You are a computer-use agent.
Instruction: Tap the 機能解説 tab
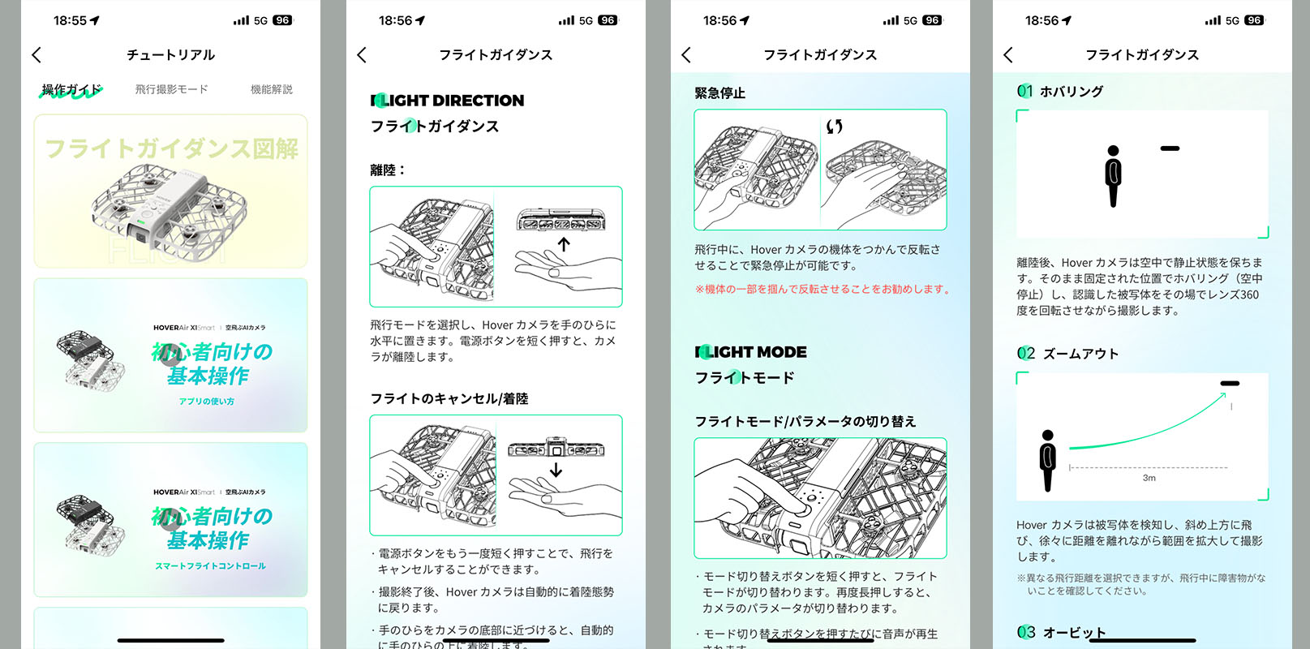point(271,89)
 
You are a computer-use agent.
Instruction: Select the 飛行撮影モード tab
point(171,89)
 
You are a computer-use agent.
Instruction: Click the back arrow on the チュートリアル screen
point(37,54)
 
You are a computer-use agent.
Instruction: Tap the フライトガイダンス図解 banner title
point(171,148)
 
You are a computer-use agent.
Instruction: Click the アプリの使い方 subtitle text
point(207,402)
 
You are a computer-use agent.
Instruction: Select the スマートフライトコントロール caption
point(210,565)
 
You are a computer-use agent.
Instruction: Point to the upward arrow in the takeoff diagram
point(564,243)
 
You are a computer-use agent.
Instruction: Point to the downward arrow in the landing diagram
point(556,470)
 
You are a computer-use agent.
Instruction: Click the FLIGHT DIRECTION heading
point(448,101)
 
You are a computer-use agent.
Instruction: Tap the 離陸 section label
point(386,170)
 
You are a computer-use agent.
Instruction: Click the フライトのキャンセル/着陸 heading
point(449,398)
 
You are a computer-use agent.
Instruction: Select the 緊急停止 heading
point(719,93)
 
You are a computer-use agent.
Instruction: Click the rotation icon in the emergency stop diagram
point(835,127)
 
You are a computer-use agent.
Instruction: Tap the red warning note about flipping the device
point(822,289)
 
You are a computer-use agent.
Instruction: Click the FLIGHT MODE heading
point(751,352)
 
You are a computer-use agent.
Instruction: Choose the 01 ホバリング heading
point(1061,91)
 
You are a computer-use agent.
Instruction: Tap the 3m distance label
point(1149,478)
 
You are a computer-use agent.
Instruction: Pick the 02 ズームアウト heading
point(1068,353)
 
